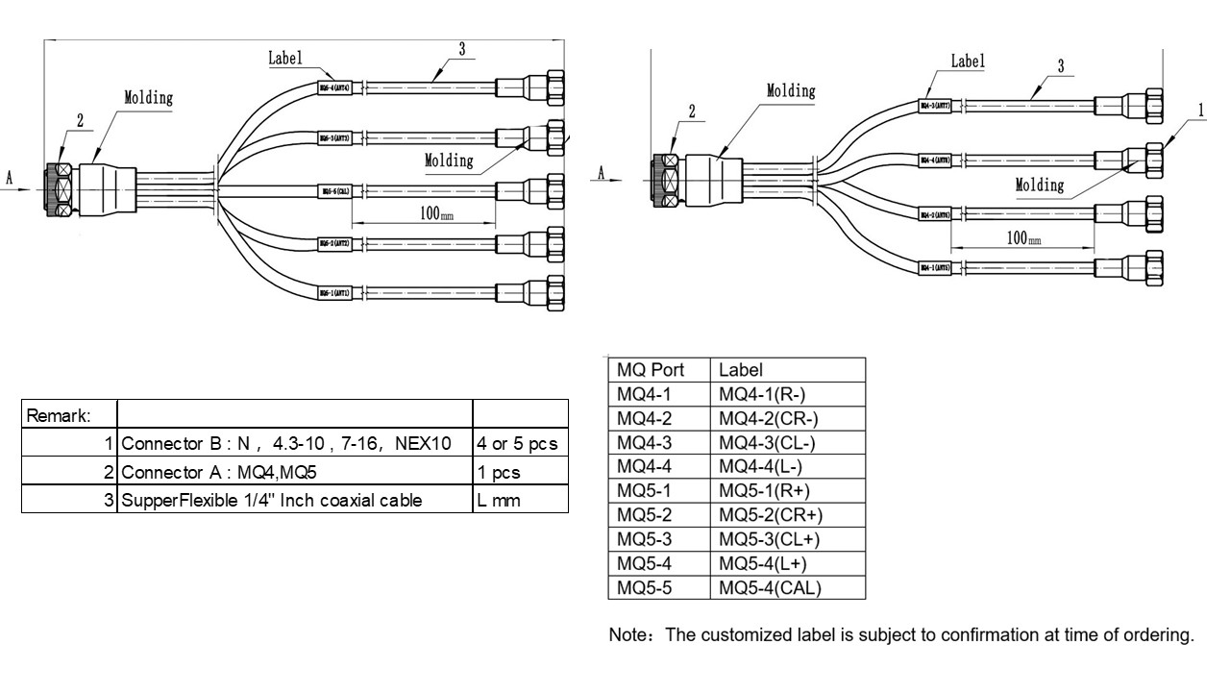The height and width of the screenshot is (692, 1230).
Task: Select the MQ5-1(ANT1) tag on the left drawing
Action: click(x=341, y=291)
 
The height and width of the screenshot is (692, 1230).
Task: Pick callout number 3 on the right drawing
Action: click(x=1060, y=66)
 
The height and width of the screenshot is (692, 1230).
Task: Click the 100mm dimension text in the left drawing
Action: click(x=430, y=213)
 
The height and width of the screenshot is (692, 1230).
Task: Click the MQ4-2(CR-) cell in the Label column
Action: click(x=768, y=418)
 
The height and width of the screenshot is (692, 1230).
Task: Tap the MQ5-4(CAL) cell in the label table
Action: click(x=770, y=587)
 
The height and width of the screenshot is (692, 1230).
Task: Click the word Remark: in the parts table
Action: click(x=59, y=416)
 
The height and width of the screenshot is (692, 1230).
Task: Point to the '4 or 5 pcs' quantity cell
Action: click(x=516, y=445)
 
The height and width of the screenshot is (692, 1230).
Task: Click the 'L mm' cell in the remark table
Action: click(x=499, y=500)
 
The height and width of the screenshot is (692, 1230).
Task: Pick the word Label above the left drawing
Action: click(x=284, y=58)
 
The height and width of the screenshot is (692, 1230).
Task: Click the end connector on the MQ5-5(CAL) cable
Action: click(x=553, y=188)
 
